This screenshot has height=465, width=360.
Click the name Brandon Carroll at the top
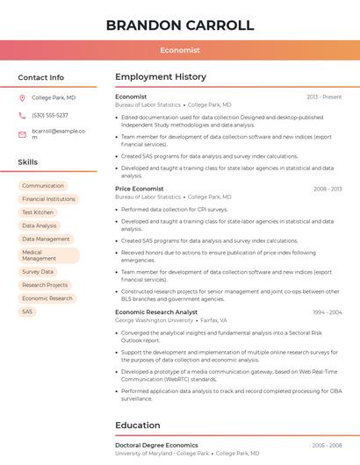tap(179, 25)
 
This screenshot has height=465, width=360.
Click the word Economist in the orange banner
tap(179, 50)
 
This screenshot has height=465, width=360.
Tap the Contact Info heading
tap(41, 77)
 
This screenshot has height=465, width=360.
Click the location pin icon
tap(22, 98)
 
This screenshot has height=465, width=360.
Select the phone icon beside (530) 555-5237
tap(22, 116)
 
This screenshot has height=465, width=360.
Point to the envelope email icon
tap(22, 134)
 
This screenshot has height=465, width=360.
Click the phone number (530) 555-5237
tap(50, 116)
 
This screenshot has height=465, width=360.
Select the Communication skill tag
tap(43, 186)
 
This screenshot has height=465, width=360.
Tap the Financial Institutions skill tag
tap(48, 199)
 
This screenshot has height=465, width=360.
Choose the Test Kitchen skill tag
tap(38, 212)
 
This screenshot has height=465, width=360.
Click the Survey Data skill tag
tap(38, 272)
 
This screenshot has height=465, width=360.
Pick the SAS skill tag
tap(27, 311)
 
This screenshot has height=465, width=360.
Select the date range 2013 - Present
tap(324, 97)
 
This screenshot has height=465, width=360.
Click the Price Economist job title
tap(140, 189)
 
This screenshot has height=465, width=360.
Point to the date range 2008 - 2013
tap(328, 189)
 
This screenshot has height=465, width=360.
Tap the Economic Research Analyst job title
tap(156, 312)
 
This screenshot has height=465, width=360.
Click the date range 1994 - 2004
tap(327, 312)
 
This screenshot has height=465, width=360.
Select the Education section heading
tap(139, 426)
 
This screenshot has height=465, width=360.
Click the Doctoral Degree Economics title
tap(156, 446)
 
